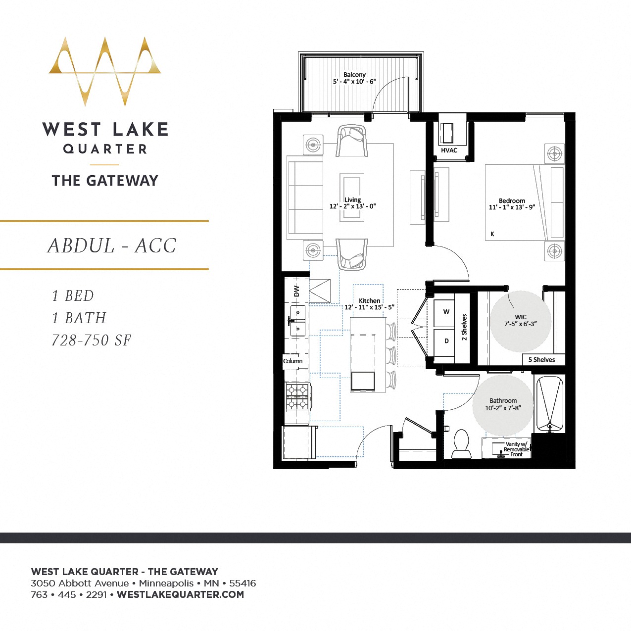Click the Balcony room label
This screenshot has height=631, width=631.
point(354,75)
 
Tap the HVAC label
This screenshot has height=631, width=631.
point(449,150)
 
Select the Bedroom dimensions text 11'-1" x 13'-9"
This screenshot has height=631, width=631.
point(512,207)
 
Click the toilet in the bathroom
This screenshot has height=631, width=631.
point(461,444)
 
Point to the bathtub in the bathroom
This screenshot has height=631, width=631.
point(549,404)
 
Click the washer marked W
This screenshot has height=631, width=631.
point(446,312)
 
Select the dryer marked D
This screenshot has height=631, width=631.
point(446,341)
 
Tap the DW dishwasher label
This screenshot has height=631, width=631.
point(296,291)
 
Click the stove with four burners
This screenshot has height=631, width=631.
point(297,397)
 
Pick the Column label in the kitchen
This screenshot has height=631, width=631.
point(292,361)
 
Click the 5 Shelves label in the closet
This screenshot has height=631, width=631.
point(541,360)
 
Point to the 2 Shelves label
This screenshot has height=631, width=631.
point(464,327)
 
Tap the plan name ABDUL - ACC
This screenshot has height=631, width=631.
point(112,246)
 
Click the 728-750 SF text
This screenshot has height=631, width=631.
point(92,340)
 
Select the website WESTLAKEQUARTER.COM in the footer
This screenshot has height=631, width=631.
point(180,595)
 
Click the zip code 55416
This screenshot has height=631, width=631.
point(243,583)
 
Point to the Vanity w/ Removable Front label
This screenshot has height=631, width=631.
point(516,449)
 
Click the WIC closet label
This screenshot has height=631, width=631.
point(520,317)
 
